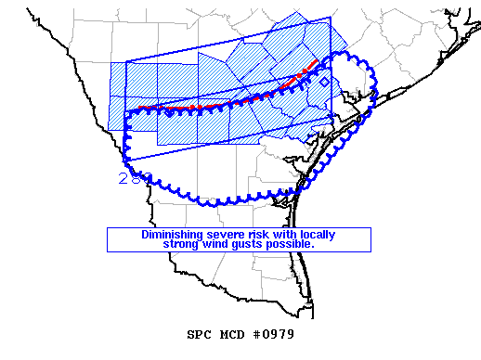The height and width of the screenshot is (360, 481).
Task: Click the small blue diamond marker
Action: tap(323, 83)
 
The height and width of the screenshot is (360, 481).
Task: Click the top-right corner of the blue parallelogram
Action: tap(330, 17)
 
